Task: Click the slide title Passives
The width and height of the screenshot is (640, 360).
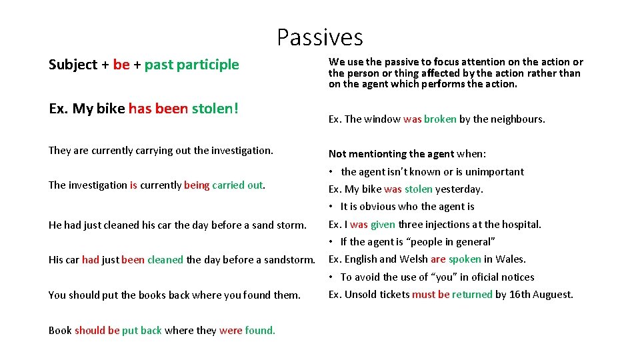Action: pos(320,37)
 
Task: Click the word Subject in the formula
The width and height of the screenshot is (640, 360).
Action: pos(73,65)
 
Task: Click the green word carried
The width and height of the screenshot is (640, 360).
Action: pos(229,185)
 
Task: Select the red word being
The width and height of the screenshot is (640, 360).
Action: pos(197,185)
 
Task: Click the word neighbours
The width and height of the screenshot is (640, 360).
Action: pos(515,119)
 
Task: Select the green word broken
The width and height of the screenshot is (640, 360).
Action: pos(440,119)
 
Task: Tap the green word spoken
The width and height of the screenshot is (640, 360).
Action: pos(465,259)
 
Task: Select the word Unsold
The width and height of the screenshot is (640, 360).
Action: pos(361,295)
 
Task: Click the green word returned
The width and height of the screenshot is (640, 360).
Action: pos(472,295)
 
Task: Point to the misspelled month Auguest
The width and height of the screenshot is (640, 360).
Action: pos(553,295)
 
